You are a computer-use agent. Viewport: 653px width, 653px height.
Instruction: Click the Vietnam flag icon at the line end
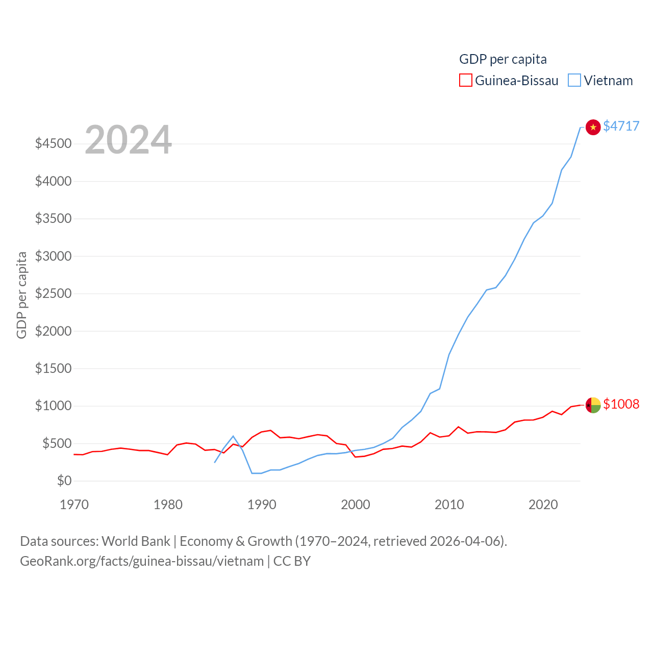pyautogui.click(x=593, y=127)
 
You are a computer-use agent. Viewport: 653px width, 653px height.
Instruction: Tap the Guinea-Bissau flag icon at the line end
pyautogui.click(x=593, y=405)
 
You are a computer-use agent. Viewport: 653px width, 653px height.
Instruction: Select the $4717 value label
pyautogui.click(x=621, y=126)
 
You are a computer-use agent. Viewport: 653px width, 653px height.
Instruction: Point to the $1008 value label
pyautogui.click(x=621, y=404)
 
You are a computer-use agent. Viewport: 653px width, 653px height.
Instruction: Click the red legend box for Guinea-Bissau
pyautogui.click(x=465, y=81)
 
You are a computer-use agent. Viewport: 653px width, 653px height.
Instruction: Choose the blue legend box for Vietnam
pyautogui.click(x=574, y=81)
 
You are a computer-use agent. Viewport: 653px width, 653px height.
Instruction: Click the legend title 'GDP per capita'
pyautogui.click(x=503, y=59)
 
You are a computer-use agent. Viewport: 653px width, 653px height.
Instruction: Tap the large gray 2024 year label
pyautogui.click(x=128, y=139)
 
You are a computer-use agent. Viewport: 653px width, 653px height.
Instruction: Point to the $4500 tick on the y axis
pyautogui.click(x=53, y=143)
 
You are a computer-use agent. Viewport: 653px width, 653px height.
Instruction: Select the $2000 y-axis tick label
pyautogui.click(x=53, y=331)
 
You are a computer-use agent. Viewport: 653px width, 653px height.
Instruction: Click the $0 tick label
pyautogui.click(x=64, y=481)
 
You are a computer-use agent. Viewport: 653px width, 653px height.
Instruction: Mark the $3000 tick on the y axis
pyautogui.click(x=53, y=256)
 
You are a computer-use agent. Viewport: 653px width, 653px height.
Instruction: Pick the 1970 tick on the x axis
pyautogui.click(x=74, y=505)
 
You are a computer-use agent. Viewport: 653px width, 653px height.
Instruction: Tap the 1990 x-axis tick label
pyautogui.click(x=262, y=505)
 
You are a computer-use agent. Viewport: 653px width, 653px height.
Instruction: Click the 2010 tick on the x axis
pyautogui.click(x=449, y=505)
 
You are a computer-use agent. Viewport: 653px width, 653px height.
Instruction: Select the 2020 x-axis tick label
pyautogui.click(x=543, y=505)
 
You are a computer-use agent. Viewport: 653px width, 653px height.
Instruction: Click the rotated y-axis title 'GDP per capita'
pyautogui.click(x=21, y=295)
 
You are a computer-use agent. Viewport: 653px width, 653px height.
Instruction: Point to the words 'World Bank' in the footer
pyautogui.click(x=136, y=541)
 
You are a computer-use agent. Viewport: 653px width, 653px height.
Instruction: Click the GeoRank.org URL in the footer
pyautogui.click(x=142, y=561)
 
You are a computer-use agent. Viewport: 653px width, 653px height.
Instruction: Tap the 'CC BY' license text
pyautogui.click(x=292, y=561)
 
